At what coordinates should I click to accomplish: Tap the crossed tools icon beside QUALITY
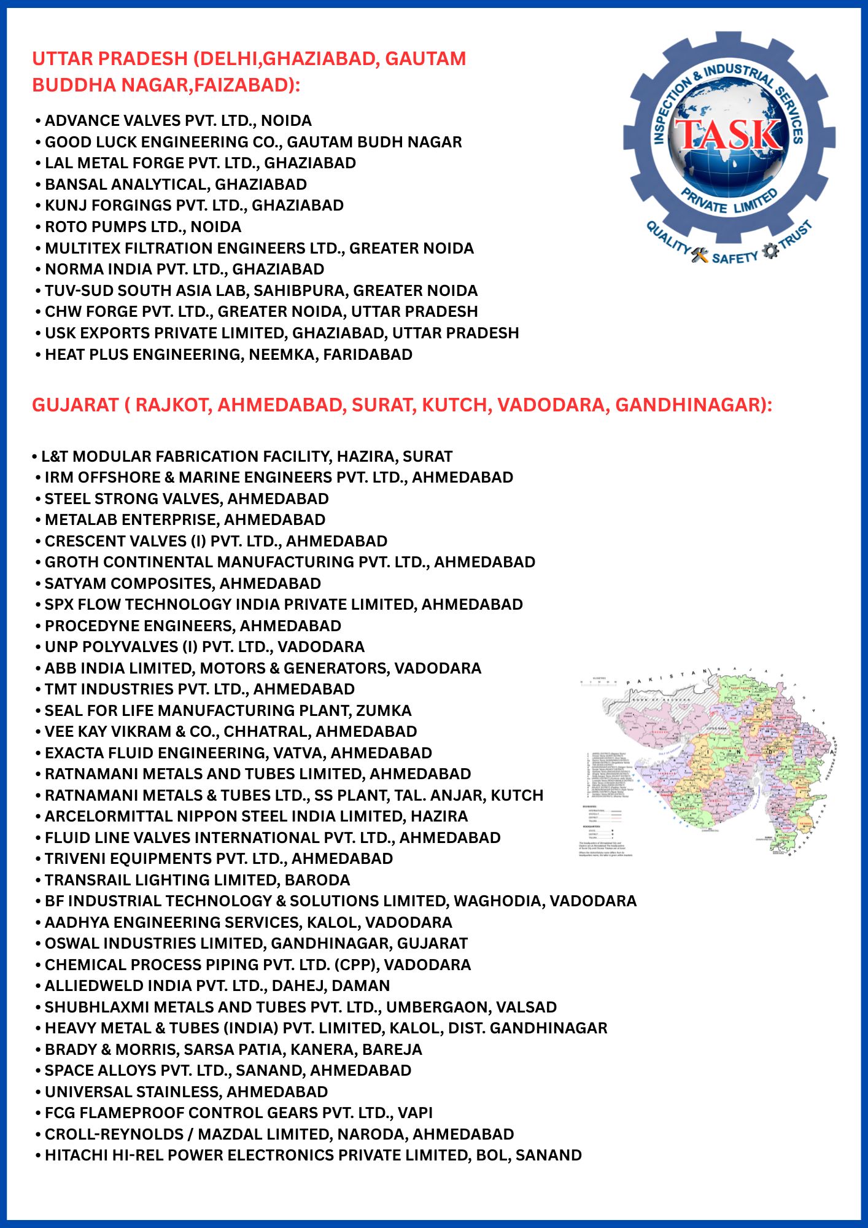(700, 254)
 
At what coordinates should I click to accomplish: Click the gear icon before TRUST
(770, 251)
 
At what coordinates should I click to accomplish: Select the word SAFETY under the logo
(735, 257)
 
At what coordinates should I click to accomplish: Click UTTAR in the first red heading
(63, 59)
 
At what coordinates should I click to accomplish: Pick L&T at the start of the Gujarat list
(55, 457)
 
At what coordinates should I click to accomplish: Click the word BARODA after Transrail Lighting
(317, 880)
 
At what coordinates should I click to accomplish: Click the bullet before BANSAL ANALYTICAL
(38, 185)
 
